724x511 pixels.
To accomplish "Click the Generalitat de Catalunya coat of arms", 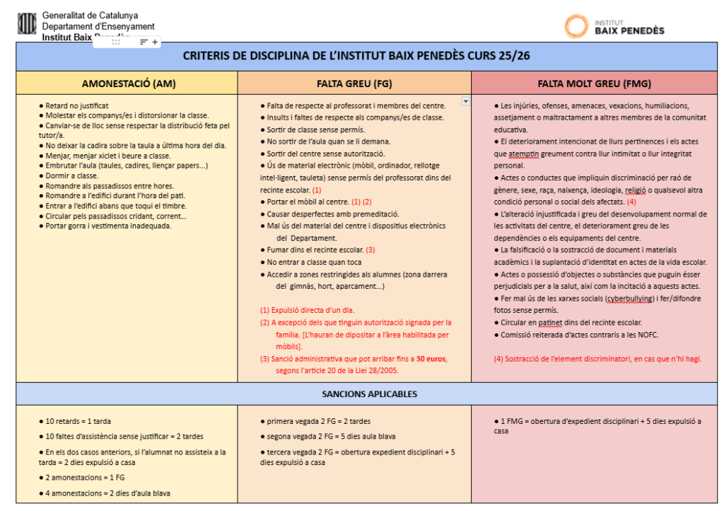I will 27,24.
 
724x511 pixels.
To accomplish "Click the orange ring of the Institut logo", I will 576,26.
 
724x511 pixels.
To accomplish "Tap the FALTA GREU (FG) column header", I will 354,84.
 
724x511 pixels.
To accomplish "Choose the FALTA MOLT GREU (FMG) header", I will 595,84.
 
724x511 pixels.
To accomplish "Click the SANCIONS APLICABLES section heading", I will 369,394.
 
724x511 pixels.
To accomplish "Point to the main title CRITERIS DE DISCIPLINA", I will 356,56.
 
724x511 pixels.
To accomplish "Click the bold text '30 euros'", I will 431,359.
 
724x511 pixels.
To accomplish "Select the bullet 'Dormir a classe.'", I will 71,176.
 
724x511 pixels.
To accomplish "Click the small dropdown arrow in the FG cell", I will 465,101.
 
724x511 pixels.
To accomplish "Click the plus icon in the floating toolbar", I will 156,42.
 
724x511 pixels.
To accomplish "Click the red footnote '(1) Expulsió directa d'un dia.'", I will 308,310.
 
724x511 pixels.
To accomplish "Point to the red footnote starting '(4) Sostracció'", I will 597,359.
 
